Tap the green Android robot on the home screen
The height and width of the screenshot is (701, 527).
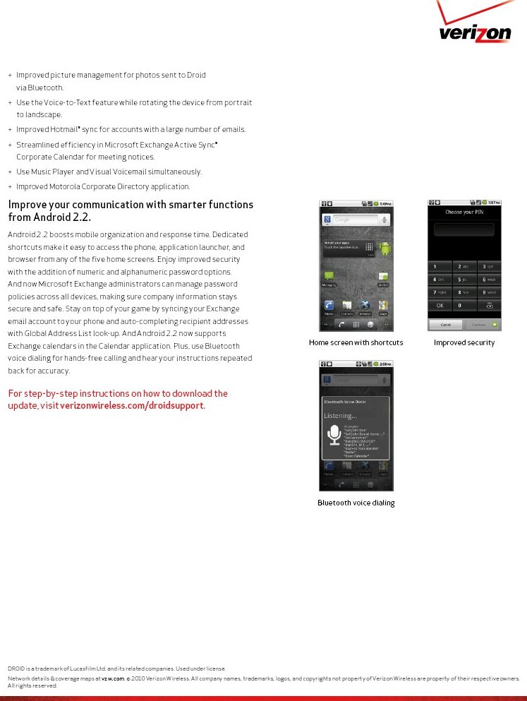pyautogui.click(x=384, y=248)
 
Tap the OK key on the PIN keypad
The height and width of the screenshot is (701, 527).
pyautogui.click(x=440, y=306)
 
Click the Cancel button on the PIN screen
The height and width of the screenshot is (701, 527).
pyautogui.click(x=446, y=325)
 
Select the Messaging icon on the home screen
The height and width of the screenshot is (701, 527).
pyautogui.click(x=329, y=277)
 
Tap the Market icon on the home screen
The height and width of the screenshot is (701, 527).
pyautogui.click(x=383, y=277)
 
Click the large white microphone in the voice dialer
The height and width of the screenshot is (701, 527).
pyautogui.click(x=334, y=435)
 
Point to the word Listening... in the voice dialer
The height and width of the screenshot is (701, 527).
pyautogui.click(x=340, y=416)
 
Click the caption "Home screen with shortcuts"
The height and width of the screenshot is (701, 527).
pyautogui.click(x=356, y=343)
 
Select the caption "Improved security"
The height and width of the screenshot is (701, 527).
pyautogui.click(x=464, y=343)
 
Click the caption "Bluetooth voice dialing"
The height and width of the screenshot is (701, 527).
pyautogui.click(x=356, y=503)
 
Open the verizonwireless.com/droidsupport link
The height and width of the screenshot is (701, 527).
pyautogui.click(x=132, y=406)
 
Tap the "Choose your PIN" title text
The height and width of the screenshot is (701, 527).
pyautogui.click(x=464, y=212)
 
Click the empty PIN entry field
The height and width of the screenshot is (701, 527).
pyautogui.click(x=464, y=229)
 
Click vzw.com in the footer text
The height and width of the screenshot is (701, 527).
pyautogui.click(x=113, y=678)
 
